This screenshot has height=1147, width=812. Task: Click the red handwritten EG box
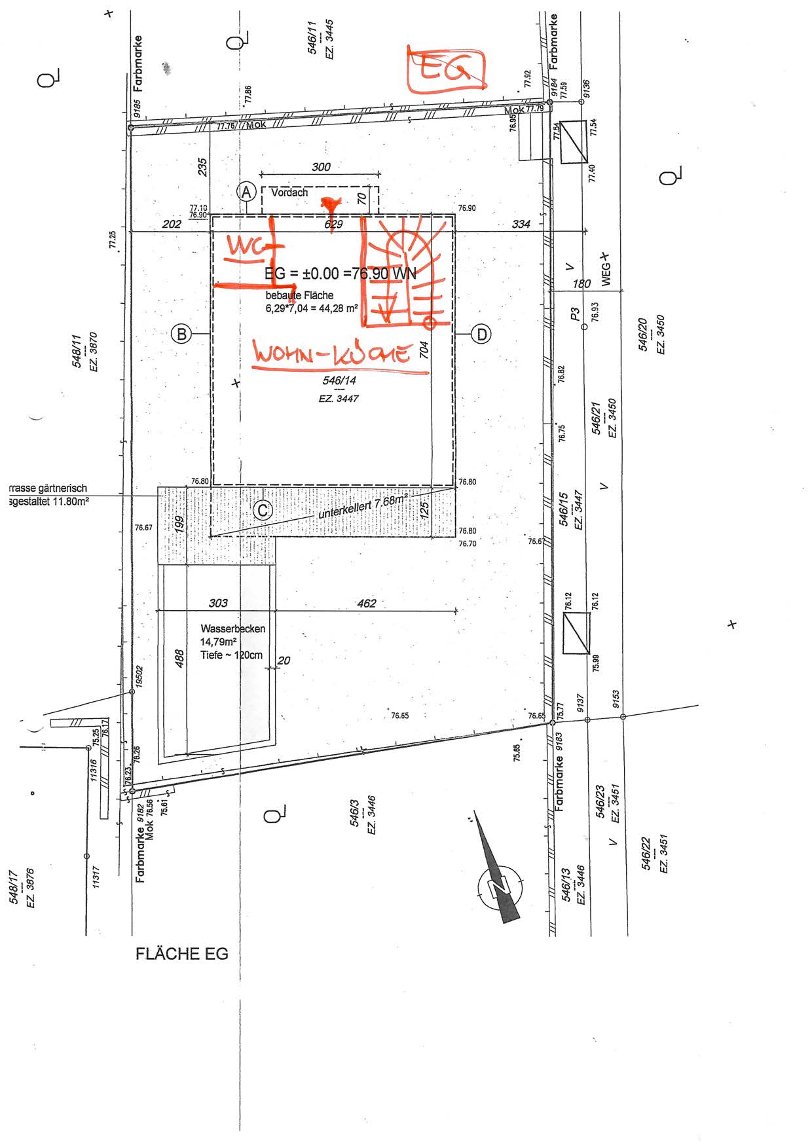[446, 70]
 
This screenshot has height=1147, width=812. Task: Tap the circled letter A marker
[246, 192]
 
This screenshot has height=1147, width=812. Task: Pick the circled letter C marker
[262, 510]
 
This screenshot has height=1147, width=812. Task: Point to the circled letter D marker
[481, 335]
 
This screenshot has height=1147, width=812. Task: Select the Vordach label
[289, 192]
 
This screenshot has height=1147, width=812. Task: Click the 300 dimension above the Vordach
[321, 167]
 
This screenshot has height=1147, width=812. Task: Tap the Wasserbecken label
[233, 628]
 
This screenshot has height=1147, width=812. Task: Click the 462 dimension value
[367, 603]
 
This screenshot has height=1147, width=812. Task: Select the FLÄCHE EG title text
[182, 954]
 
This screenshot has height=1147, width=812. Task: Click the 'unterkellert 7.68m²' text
[363, 507]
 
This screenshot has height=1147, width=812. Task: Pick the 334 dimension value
[521, 224]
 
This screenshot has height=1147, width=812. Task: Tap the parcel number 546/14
[339, 380]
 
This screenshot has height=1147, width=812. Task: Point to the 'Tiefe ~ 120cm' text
[231, 655]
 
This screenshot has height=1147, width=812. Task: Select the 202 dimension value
[172, 224]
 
